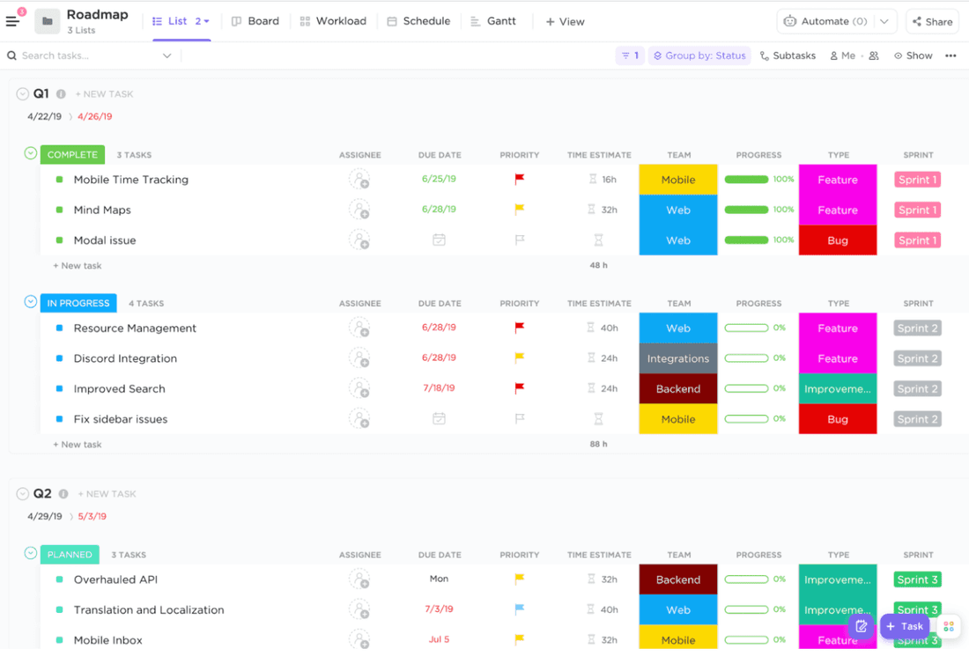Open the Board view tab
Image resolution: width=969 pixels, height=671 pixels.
[x=255, y=21]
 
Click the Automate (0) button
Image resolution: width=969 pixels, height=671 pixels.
[x=825, y=21]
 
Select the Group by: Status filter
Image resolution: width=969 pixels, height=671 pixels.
[x=699, y=55]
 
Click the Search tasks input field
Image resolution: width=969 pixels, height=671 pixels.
[x=88, y=55]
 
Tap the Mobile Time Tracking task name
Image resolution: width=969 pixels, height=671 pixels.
[x=130, y=180]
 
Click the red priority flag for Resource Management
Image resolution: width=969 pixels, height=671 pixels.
[x=520, y=328]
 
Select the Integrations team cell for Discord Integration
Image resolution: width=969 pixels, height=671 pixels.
[x=678, y=358]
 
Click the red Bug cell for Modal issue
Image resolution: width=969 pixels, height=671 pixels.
[x=837, y=240]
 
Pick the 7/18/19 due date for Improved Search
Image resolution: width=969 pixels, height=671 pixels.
[x=439, y=388]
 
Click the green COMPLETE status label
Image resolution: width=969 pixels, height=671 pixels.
[x=72, y=155]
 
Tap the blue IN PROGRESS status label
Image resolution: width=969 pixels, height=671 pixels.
[x=78, y=303]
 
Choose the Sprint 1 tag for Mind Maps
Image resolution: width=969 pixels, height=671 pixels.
[x=917, y=210]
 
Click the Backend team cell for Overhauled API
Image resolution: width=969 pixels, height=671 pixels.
[x=678, y=579]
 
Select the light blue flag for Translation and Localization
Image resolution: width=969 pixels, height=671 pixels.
[x=520, y=609]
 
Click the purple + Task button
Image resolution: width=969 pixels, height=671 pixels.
[x=905, y=626]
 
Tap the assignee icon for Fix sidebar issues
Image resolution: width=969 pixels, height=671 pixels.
[x=359, y=419]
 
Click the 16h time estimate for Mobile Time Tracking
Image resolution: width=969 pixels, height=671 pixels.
[x=603, y=180]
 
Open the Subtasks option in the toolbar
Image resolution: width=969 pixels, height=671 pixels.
[x=788, y=55]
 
